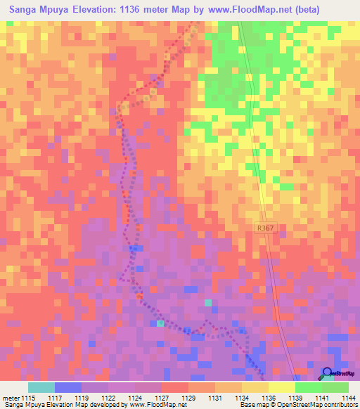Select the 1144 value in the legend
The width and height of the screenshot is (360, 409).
(348, 398)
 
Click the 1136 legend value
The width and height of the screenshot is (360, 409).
(268, 398)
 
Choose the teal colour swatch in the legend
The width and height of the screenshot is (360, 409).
(41, 387)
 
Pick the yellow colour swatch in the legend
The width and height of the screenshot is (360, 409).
(281, 387)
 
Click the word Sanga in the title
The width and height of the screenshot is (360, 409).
(25, 10)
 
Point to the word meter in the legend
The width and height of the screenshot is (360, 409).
(11, 398)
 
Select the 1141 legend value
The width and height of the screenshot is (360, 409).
(321, 398)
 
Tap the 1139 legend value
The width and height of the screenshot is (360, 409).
(295, 398)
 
